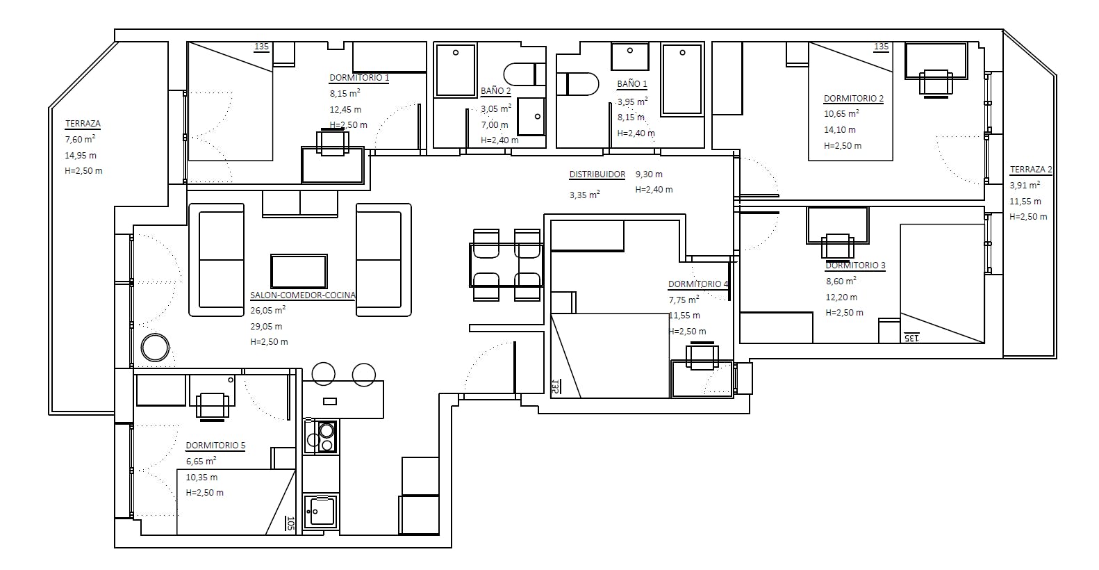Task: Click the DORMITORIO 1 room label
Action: tap(359, 78)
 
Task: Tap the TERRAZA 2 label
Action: tap(1031, 170)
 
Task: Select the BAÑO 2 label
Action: tap(495, 91)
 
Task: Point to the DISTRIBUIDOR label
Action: tap(597, 174)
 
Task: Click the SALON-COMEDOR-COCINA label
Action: tap(303, 295)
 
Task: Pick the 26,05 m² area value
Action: tap(268, 310)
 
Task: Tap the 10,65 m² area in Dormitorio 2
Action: tap(841, 113)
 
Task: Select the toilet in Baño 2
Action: tap(524, 74)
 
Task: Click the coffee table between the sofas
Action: tap(299, 271)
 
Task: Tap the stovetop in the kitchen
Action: tap(321, 437)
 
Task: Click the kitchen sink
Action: tap(320, 512)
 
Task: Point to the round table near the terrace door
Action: tap(155, 348)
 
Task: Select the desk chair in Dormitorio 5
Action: tap(213, 407)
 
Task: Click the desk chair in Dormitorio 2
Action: tap(936, 83)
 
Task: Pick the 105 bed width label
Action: tap(290, 523)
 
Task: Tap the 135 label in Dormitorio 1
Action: tap(261, 47)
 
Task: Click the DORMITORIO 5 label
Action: tap(215, 446)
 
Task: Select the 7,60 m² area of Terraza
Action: tap(80, 140)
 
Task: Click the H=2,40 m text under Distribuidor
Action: tap(654, 190)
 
